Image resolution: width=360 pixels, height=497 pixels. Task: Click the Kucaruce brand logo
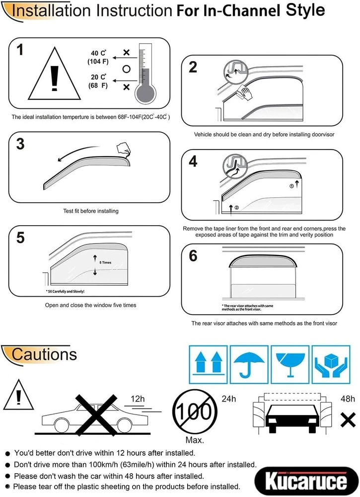[306, 481]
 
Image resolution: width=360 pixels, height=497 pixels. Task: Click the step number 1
[20, 50]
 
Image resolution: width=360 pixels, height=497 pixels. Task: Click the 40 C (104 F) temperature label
[98, 57]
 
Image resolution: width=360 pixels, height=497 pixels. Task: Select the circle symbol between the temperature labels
[126, 69]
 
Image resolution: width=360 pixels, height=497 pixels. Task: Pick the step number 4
[193, 162]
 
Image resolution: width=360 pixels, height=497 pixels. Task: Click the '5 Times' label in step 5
[105, 262]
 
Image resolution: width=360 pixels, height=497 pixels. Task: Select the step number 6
[193, 256]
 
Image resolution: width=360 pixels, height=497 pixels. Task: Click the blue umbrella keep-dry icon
[249, 364]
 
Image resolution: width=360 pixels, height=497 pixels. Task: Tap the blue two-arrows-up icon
[209, 364]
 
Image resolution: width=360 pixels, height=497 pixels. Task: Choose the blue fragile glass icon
[290, 364]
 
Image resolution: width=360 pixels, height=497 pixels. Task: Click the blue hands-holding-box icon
[331, 364]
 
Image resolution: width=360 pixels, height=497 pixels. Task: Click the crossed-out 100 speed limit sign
[195, 412]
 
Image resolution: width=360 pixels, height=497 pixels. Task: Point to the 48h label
[348, 399]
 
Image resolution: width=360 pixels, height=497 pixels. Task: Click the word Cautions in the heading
[44, 354]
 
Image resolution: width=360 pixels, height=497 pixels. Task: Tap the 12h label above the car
[138, 399]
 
